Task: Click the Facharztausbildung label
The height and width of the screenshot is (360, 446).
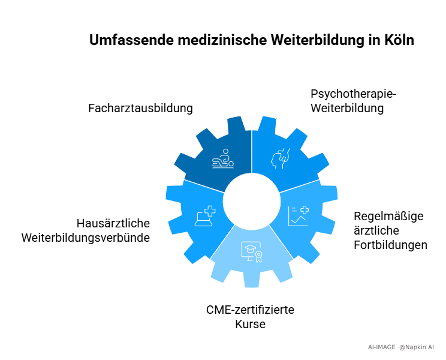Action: [140, 108]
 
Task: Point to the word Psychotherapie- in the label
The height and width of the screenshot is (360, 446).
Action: [353, 94]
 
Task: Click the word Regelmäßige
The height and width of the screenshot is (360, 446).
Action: [388, 217]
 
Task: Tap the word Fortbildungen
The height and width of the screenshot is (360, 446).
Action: [390, 245]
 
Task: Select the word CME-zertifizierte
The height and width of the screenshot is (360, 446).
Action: [251, 310]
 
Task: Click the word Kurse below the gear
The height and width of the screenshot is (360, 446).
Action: [251, 324]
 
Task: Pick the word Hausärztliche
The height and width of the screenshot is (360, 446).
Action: [113, 223]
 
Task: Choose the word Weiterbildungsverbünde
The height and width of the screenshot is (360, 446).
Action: [86, 238]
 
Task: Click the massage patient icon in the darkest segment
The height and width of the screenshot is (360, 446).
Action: [223, 158]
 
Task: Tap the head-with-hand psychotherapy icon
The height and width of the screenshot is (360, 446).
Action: [281, 158]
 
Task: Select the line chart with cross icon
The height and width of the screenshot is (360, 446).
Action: [299, 216]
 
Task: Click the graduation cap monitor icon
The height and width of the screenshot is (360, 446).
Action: [252, 252]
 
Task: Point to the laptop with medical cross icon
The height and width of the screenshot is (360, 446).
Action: [205, 216]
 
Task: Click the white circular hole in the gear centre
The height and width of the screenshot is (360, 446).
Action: [252, 201]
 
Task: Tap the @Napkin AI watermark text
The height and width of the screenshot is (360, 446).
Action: [417, 347]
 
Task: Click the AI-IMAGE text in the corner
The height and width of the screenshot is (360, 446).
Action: [381, 347]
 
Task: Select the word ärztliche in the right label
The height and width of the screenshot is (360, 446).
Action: [376, 231]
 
